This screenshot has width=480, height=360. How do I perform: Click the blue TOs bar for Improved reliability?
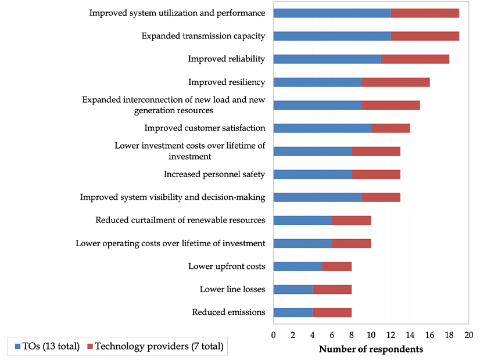coord(327,59)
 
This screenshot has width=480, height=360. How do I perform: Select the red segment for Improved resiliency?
coord(395,82)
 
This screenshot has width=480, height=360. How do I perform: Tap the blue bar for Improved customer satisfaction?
coord(322,128)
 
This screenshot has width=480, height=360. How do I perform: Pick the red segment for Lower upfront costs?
coord(336,267)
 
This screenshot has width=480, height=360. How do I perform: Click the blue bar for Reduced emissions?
coord(293,312)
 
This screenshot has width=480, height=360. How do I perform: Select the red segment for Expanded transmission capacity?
coord(425,36)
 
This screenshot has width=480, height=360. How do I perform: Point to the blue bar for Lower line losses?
coord(293,289)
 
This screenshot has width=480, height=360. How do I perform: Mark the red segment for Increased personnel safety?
coord(376,174)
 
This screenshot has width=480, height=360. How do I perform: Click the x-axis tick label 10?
coord(371,335)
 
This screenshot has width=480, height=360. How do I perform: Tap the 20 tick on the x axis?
coord(468,335)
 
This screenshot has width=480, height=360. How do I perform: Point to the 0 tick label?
coord(273,335)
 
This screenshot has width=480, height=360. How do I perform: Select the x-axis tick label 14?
coord(410,335)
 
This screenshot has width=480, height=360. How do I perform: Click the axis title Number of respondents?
coord(371,349)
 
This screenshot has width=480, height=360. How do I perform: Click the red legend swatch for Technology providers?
coord(89,347)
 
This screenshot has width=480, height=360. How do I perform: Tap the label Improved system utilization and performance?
coord(177,13)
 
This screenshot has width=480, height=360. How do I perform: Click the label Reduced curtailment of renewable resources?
coord(180,220)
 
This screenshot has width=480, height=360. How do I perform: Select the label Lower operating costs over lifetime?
coord(170,243)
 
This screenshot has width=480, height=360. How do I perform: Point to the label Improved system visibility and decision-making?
coord(173,197)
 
